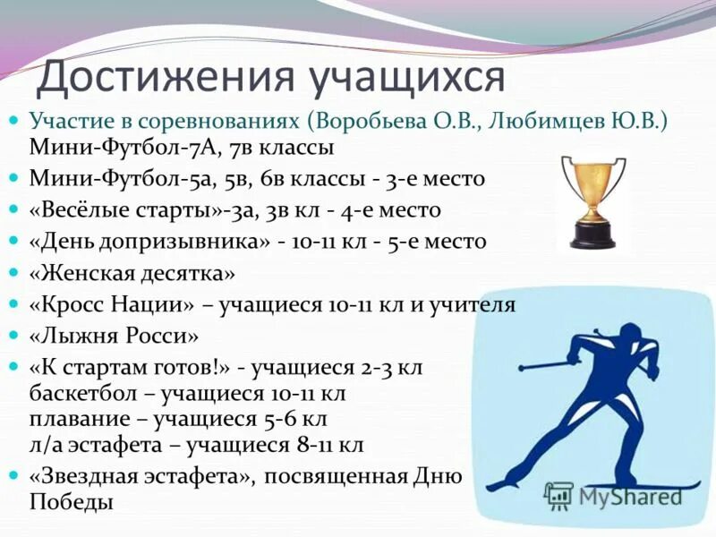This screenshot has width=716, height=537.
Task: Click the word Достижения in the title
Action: point(166,78)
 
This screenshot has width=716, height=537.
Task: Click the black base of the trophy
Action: point(592,236)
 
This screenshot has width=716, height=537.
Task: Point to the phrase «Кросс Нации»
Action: point(111,304)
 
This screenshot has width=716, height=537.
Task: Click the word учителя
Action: point(473,304)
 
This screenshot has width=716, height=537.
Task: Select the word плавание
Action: point(73,419)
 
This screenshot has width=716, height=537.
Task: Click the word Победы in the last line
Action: point(71,502)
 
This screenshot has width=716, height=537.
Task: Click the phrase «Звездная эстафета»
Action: point(133,477)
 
